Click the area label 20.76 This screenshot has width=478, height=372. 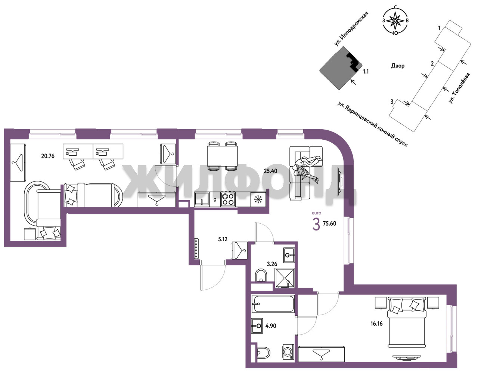pos(48,156)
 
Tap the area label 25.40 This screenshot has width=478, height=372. pos(270,171)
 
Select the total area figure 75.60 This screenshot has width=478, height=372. pos(329,223)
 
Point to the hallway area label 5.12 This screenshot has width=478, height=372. pos(223,239)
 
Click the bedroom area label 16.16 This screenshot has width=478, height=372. pos(376,323)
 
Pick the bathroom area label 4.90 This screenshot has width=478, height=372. pos(271,326)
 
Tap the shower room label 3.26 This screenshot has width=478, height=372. pos(272,264)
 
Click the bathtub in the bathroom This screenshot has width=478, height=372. pos(273,304)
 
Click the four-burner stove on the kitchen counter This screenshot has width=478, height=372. pos(228,199)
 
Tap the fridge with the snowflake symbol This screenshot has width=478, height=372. pos(258,199)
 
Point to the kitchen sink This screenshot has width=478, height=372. pos(202,199)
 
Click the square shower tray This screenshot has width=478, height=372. pos(285,278)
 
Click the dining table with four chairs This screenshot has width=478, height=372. pos(222,156)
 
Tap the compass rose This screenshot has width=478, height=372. pos(395,21)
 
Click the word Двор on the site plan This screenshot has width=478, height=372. pos(398,66)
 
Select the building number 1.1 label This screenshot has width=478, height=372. pos(366,71)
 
